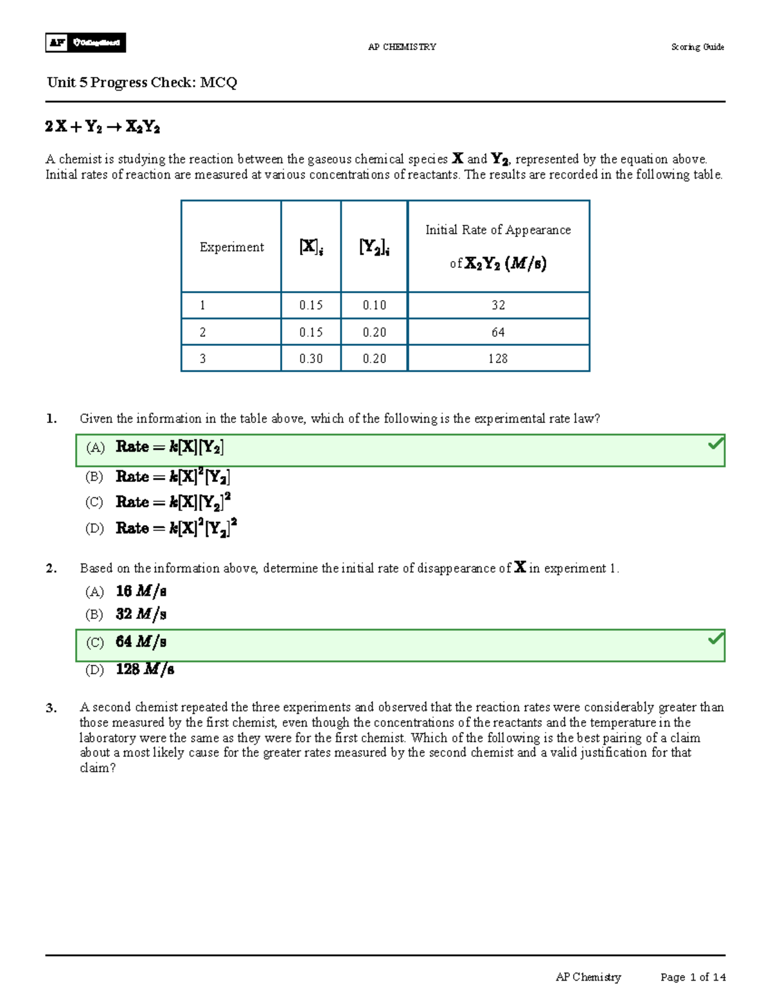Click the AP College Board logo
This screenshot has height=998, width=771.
(x=85, y=42)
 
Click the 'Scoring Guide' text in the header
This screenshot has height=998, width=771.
(x=697, y=47)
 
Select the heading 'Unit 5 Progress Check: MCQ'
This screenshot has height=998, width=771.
(x=142, y=82)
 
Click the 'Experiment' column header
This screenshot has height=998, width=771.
(x=231, y=247)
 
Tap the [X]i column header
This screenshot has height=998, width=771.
(x=311, y=247)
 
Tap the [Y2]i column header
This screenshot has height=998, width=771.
(x=374, y=247)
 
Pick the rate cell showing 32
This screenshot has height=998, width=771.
(x=498, y=305)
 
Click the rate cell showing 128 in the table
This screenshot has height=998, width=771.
(x=498, y=359)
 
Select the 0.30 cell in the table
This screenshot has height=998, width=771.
(x=311, y=359)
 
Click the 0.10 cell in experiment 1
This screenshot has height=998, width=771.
(x=374, y=305)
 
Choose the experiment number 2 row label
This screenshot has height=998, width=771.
(x=203, y=332)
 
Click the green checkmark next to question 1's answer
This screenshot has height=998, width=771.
(x=715, y=443)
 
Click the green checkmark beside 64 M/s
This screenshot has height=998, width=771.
(x=715, y=639)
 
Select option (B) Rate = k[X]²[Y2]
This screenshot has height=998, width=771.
(x=172, y=477)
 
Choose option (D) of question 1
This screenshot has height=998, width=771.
(x=176, y=528)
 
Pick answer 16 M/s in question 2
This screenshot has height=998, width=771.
(x=141, y=591)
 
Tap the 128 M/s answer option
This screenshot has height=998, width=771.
(x=145, y=670)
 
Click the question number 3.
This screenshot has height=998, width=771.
(x=51, y=708)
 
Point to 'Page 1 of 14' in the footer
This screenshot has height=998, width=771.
(x=693, y=977)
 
